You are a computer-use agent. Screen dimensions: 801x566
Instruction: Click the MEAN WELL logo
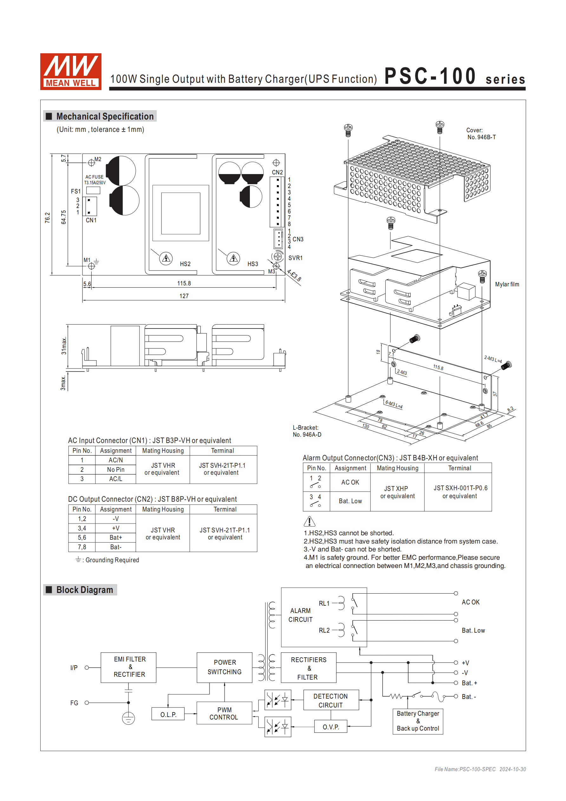point(70,72)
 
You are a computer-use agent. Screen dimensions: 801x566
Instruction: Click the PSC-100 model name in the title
point(430,76)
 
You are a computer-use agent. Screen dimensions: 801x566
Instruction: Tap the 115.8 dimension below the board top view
point(184,283)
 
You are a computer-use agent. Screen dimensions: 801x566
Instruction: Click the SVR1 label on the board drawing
point(295,258)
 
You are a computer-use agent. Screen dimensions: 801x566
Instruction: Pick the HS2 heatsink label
point(185,264)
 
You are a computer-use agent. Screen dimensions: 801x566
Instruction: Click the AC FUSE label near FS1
point(94,177)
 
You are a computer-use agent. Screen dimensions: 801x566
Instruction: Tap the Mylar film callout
point(507,284)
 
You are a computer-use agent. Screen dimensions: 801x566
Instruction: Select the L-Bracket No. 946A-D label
point(307,431)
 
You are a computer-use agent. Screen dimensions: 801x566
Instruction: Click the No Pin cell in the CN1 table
point(115,470)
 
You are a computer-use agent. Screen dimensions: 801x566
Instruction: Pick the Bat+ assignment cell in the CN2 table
point(115,537)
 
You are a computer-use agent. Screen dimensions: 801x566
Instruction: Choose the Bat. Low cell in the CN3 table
point(350,501)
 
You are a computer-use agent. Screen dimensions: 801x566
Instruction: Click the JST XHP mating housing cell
point(397,492)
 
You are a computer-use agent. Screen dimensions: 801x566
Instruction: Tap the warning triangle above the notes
point(309,522)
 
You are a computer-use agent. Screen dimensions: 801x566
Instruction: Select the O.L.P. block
point(168,714)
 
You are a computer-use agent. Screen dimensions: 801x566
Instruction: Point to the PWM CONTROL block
point(224,713)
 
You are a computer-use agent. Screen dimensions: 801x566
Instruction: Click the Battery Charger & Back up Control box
point(418,721)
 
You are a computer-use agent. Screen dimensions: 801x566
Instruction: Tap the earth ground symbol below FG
point(128,718)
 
